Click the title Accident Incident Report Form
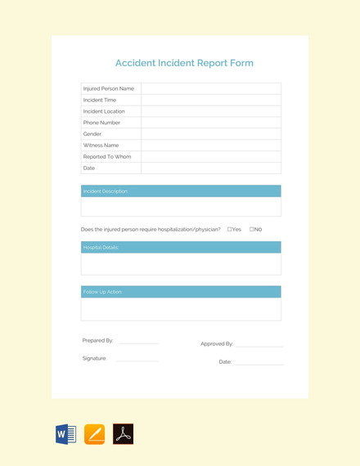[184, 63]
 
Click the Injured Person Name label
[109, 88]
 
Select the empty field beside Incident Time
[211, 100]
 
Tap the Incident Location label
[104, 111]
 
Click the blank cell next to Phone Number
[211, 123]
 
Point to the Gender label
[92, 134]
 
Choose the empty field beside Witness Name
[211, 146]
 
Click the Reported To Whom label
[107, 157]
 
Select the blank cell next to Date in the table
[211, 168]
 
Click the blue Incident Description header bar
[181, 191]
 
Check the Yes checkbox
[230, 230]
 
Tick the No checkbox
[252, 230]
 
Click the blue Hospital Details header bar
[181, 247]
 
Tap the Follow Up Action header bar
[181, 292]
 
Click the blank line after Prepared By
[138, 343]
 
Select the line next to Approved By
[259, 346]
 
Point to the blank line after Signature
[137, 360]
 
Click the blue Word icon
[65, 434]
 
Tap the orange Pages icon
[95, 434]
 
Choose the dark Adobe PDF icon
[124, 434]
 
